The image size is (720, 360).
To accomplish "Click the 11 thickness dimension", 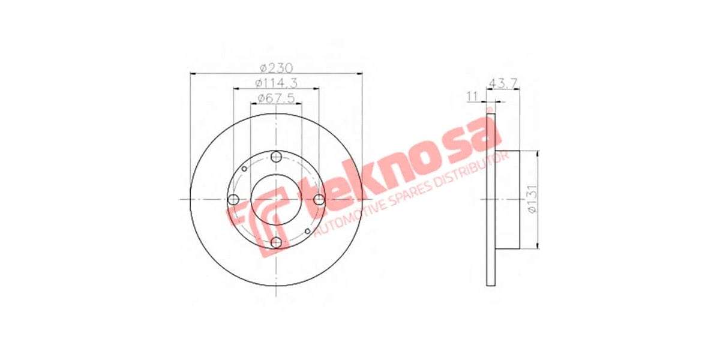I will (472, 95).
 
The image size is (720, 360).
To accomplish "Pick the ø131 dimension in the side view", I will (531, 200).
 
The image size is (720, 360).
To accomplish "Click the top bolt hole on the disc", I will (276, 157).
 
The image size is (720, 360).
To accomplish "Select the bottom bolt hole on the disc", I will (276, 242).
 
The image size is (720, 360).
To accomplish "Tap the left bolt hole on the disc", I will (233, 200).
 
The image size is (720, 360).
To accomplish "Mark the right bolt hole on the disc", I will (319, 200).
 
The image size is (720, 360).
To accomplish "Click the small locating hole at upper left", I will (244, 169).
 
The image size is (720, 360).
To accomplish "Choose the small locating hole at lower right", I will (308, 231).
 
